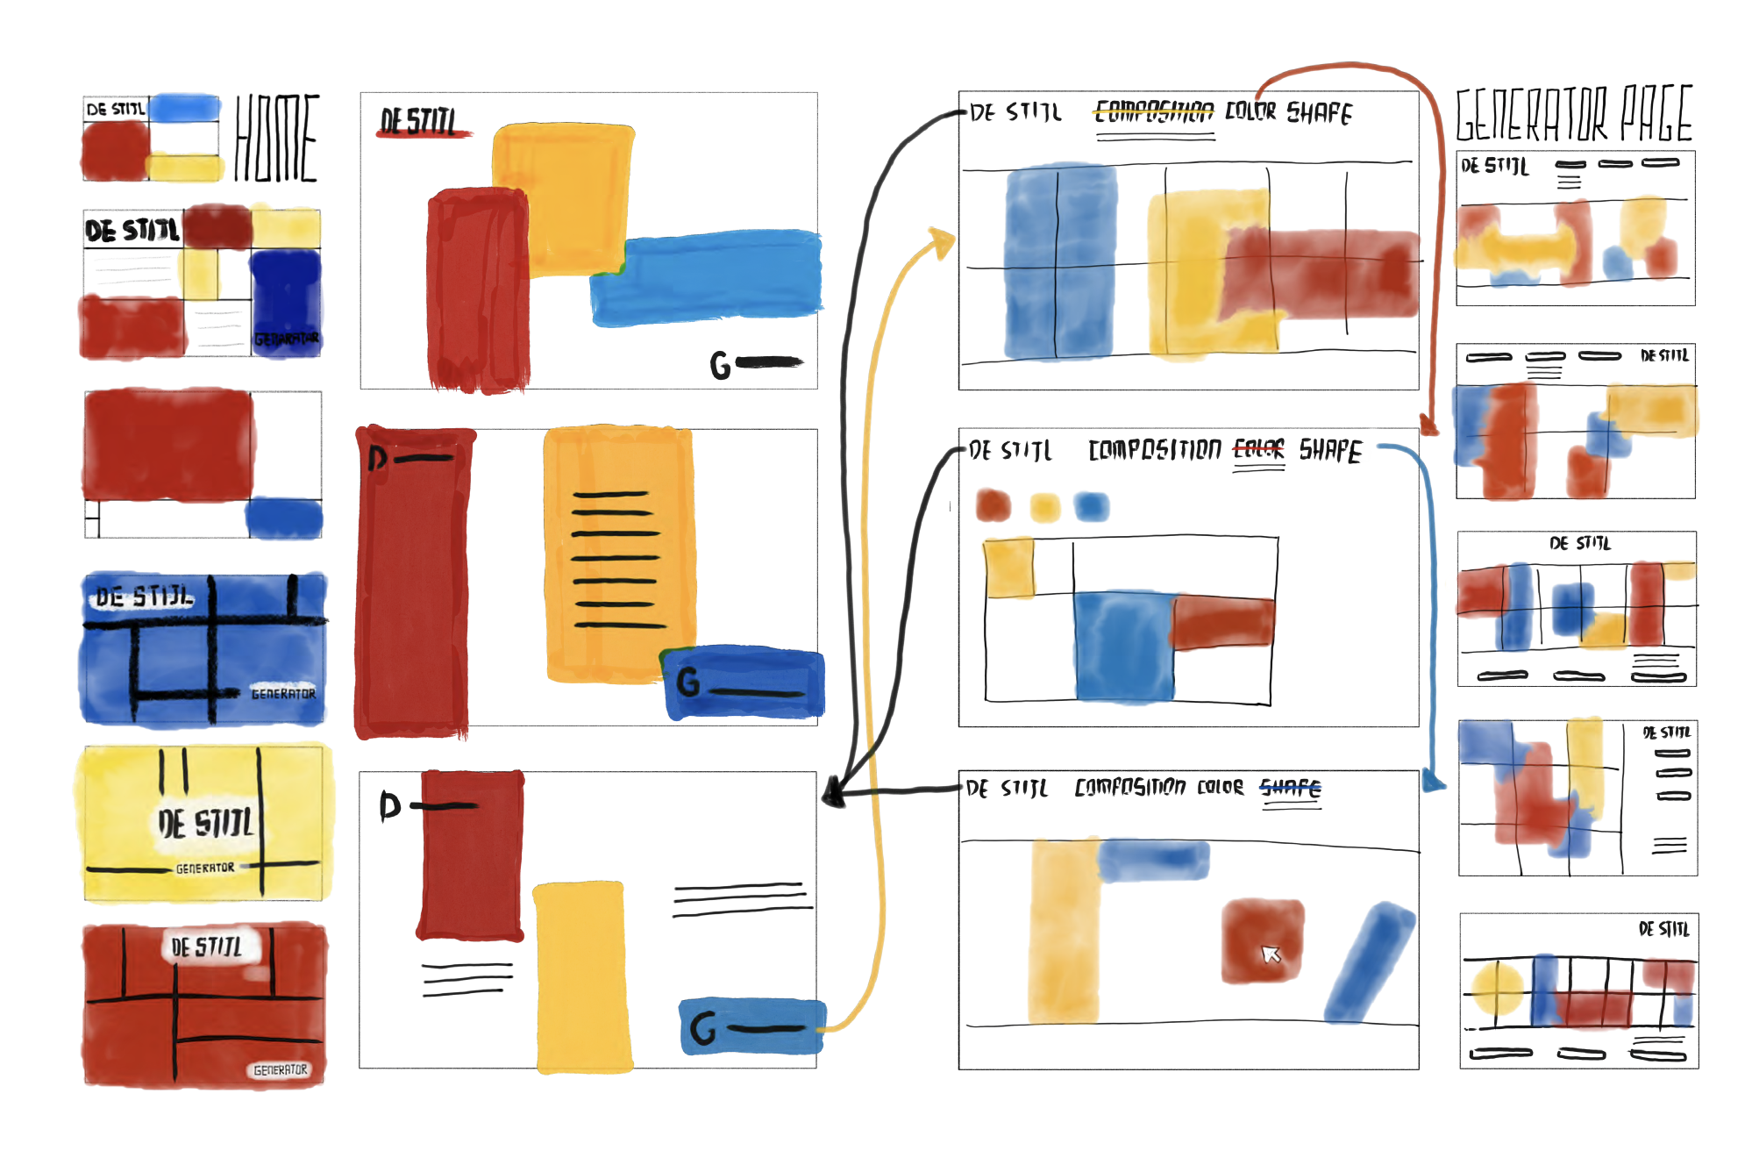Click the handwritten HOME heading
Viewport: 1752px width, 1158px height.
(x=276, y=138)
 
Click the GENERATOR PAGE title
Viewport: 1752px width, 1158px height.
(x=1574, y=115)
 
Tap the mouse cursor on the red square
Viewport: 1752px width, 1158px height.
(x=1271, y=954)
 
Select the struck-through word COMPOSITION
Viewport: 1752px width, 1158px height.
(x=1155, y=111)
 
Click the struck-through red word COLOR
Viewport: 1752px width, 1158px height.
(x=1258, y=450)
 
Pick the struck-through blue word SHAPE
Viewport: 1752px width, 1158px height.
(x=1290, y=788)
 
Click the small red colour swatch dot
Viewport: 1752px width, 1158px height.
(x=994, y=505)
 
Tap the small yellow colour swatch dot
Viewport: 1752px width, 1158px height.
(x=1044, y=507)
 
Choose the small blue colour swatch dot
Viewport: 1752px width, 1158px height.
(x=1092, y=506)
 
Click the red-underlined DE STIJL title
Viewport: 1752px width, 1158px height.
(x=418, y=121)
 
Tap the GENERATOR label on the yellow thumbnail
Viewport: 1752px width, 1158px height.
(x=205, y=868)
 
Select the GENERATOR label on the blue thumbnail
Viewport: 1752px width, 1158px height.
(x=282, y=693)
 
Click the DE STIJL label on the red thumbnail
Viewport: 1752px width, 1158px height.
(x=206, y=947)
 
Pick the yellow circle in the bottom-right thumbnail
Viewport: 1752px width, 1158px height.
(x=1497, y=989)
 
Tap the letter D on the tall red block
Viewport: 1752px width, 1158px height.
(x=378, y=458)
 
